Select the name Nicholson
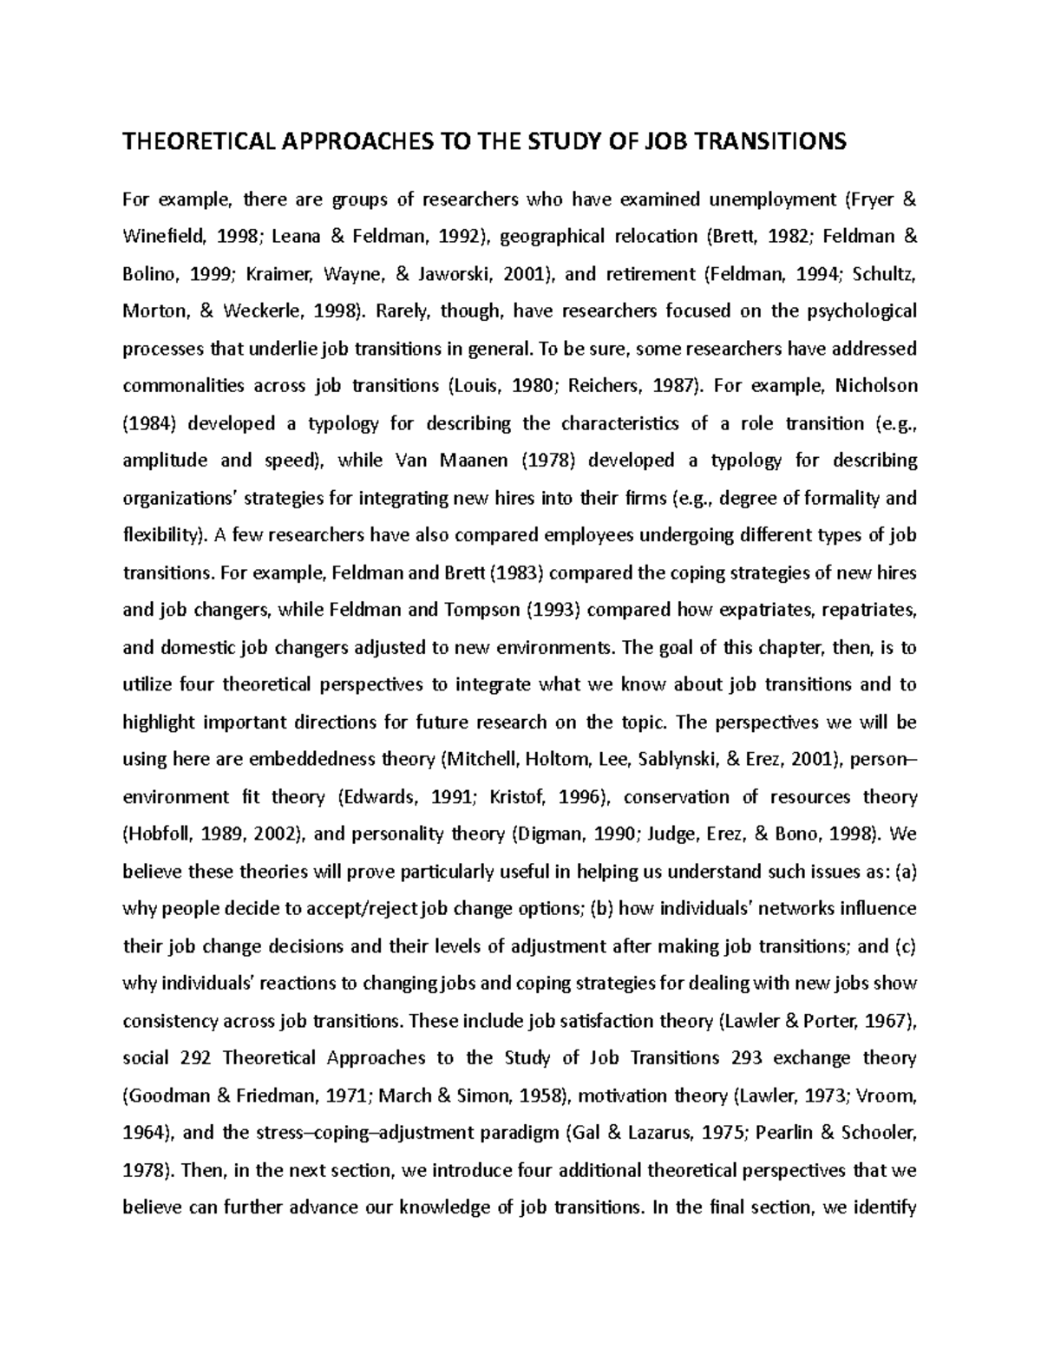[x=874, y=386]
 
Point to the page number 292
[x=195, y=1058]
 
